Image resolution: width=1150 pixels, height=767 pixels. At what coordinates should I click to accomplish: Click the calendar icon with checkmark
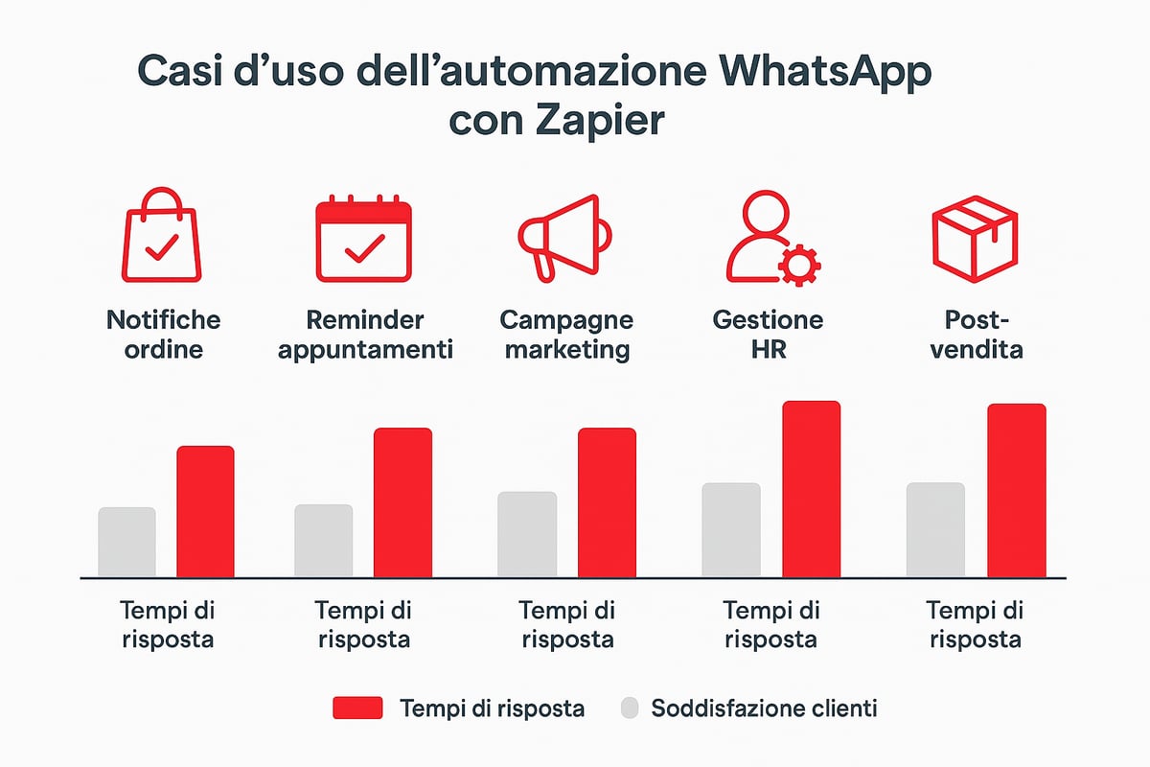tap(364, 240)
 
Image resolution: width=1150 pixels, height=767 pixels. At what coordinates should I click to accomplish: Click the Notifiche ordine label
tap(163, 334)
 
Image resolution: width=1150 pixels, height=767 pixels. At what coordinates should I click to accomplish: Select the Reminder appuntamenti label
tap(364, 334)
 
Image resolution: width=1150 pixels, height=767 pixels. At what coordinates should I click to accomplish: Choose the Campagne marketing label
tap(567, 334)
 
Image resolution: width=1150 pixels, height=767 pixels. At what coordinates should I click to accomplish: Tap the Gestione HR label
tap(769, 334)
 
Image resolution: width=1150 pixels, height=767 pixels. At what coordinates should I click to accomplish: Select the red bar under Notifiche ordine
tap(205, 512)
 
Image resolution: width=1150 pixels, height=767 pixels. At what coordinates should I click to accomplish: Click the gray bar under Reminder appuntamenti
tap(324, 541)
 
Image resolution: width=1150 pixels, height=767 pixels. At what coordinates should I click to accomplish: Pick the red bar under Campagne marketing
tap(606, 502)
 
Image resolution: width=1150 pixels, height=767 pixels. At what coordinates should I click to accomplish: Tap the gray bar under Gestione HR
tap(730, 530)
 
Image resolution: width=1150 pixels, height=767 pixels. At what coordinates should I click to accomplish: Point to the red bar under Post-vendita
tap(1016, 491)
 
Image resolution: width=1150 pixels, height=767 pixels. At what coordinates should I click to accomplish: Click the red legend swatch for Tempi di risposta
tap(357, 709)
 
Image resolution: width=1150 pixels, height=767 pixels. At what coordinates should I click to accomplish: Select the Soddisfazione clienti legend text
tap(764, 709)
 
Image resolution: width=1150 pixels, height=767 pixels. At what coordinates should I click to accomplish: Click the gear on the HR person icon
tap(795, 265)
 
